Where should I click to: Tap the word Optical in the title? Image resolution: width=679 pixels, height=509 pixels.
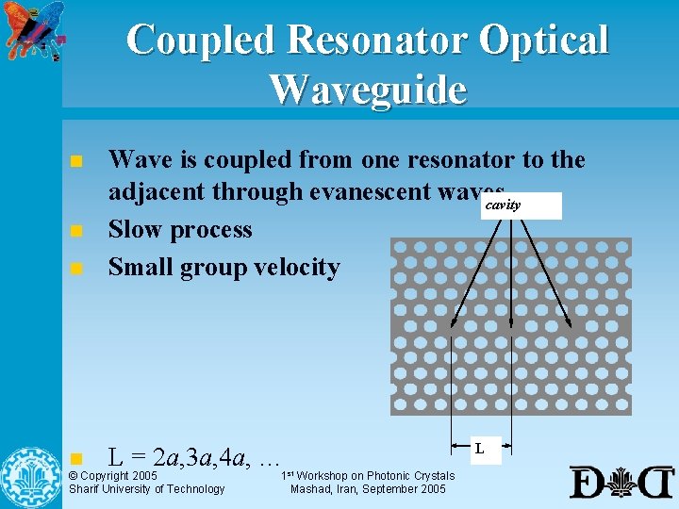pyautogui.click(x=544, y=40)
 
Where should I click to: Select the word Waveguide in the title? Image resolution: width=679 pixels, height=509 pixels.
pyautogui.click(x=368, y=90)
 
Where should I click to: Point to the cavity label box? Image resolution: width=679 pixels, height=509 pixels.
pyautogui.click(x=521, y=205)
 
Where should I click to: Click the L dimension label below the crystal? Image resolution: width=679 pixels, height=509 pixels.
pyautogui.click(x=480, y=449)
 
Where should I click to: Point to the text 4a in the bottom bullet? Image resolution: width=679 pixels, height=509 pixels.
pyautogui.click(x=232, y=459)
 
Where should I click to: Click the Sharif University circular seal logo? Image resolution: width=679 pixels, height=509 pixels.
pyautogui.click(x=30, y=477)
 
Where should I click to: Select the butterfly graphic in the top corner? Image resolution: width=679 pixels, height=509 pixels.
pyautogui.click(x=35, y=30)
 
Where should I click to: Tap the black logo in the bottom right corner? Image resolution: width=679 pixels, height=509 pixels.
pyautogui.click(x=621, y=482)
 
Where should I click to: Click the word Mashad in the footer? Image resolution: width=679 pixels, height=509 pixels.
pyautogui.click(x=309, y=489)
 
